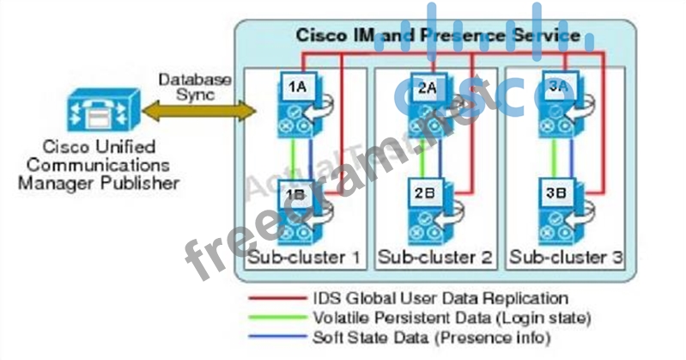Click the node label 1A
pos(297,87)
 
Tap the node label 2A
pos(427,87)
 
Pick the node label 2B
pos(425,194)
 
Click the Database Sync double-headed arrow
pos(199,111)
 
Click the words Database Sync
pos(195,87)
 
